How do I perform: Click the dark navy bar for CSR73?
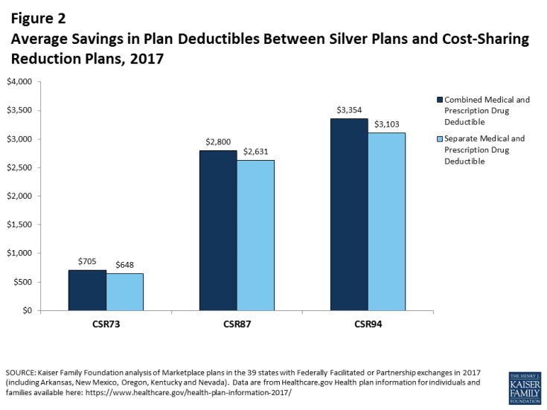(87, 289)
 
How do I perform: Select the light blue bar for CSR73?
(125, 292)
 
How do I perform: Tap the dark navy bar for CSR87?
(218, 230)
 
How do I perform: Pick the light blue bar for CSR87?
(256, 235)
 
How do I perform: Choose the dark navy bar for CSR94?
(349, 214)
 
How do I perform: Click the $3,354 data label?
(349, 110)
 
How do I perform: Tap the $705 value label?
(87, 261)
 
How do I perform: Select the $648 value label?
(125, 265)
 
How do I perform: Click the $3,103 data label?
(387, 124)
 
